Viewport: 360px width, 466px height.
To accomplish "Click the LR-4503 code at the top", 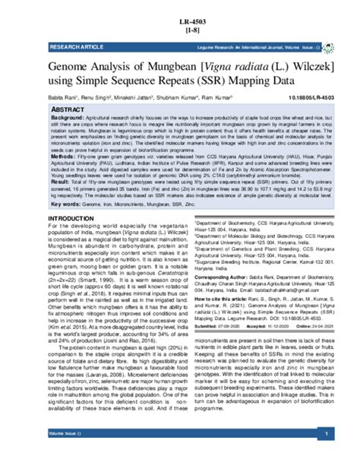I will (x=180, y=21).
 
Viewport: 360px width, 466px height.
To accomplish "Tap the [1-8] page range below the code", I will (x=180, y=30).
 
